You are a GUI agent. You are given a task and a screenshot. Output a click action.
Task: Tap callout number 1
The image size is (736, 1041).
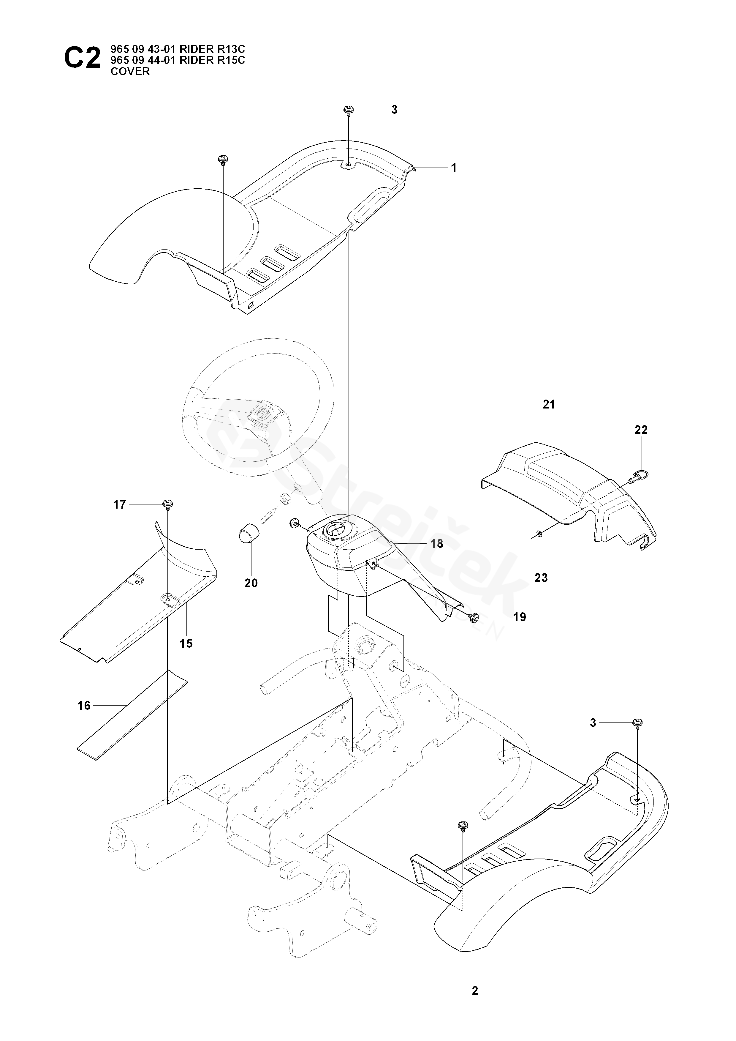454,168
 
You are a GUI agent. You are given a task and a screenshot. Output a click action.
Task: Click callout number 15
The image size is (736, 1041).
186,643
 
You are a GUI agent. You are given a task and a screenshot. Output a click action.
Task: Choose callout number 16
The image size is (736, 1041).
84,706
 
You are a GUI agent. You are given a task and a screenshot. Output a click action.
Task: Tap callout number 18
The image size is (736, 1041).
437,544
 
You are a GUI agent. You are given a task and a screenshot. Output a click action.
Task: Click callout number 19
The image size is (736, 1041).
520,617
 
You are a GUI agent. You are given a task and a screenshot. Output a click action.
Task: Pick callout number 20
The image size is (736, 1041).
251,583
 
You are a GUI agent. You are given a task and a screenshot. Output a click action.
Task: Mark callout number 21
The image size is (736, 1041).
549,404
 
